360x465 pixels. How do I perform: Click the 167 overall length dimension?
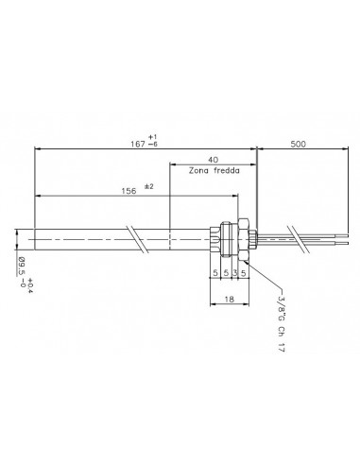[x=138, y=144]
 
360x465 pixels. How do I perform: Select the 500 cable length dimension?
[x=298, y=144]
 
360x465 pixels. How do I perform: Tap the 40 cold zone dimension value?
[x=214, y=160]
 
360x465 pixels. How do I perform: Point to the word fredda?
[x=227, y=170]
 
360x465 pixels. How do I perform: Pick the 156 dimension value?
[x=129, y=191]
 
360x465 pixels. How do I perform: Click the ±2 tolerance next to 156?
[x=149, y=186]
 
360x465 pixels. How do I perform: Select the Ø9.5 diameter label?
[x=21, y=267]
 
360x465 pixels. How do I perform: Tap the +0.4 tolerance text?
[x=31, y=285]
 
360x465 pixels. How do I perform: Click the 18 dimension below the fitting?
[x=230, y=299]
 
